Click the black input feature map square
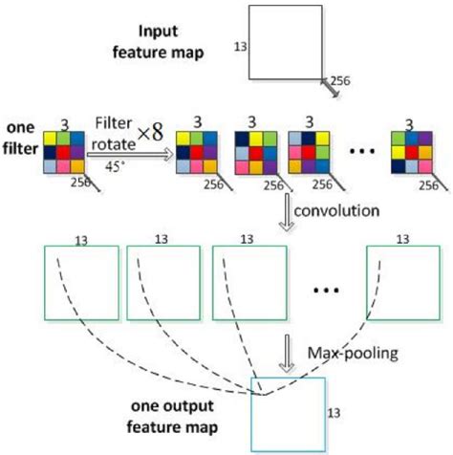(x=286, y=43)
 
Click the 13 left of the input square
(x=239, y=44)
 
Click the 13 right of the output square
(x=332, y=412)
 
